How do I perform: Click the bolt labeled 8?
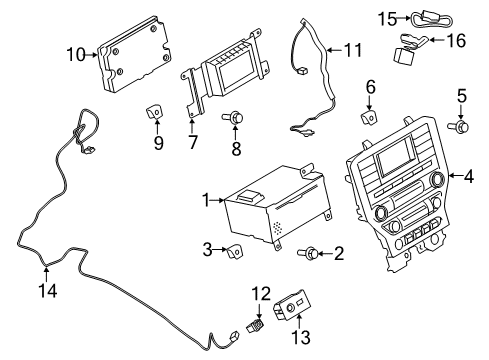pyautogui.click(x=237, y=120)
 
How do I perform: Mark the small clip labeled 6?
pyautogui.click(x=369, y=117)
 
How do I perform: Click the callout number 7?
pyautogui.click(x=191, y=144)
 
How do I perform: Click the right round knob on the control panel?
pyautogui.click(x=437, y=179)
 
